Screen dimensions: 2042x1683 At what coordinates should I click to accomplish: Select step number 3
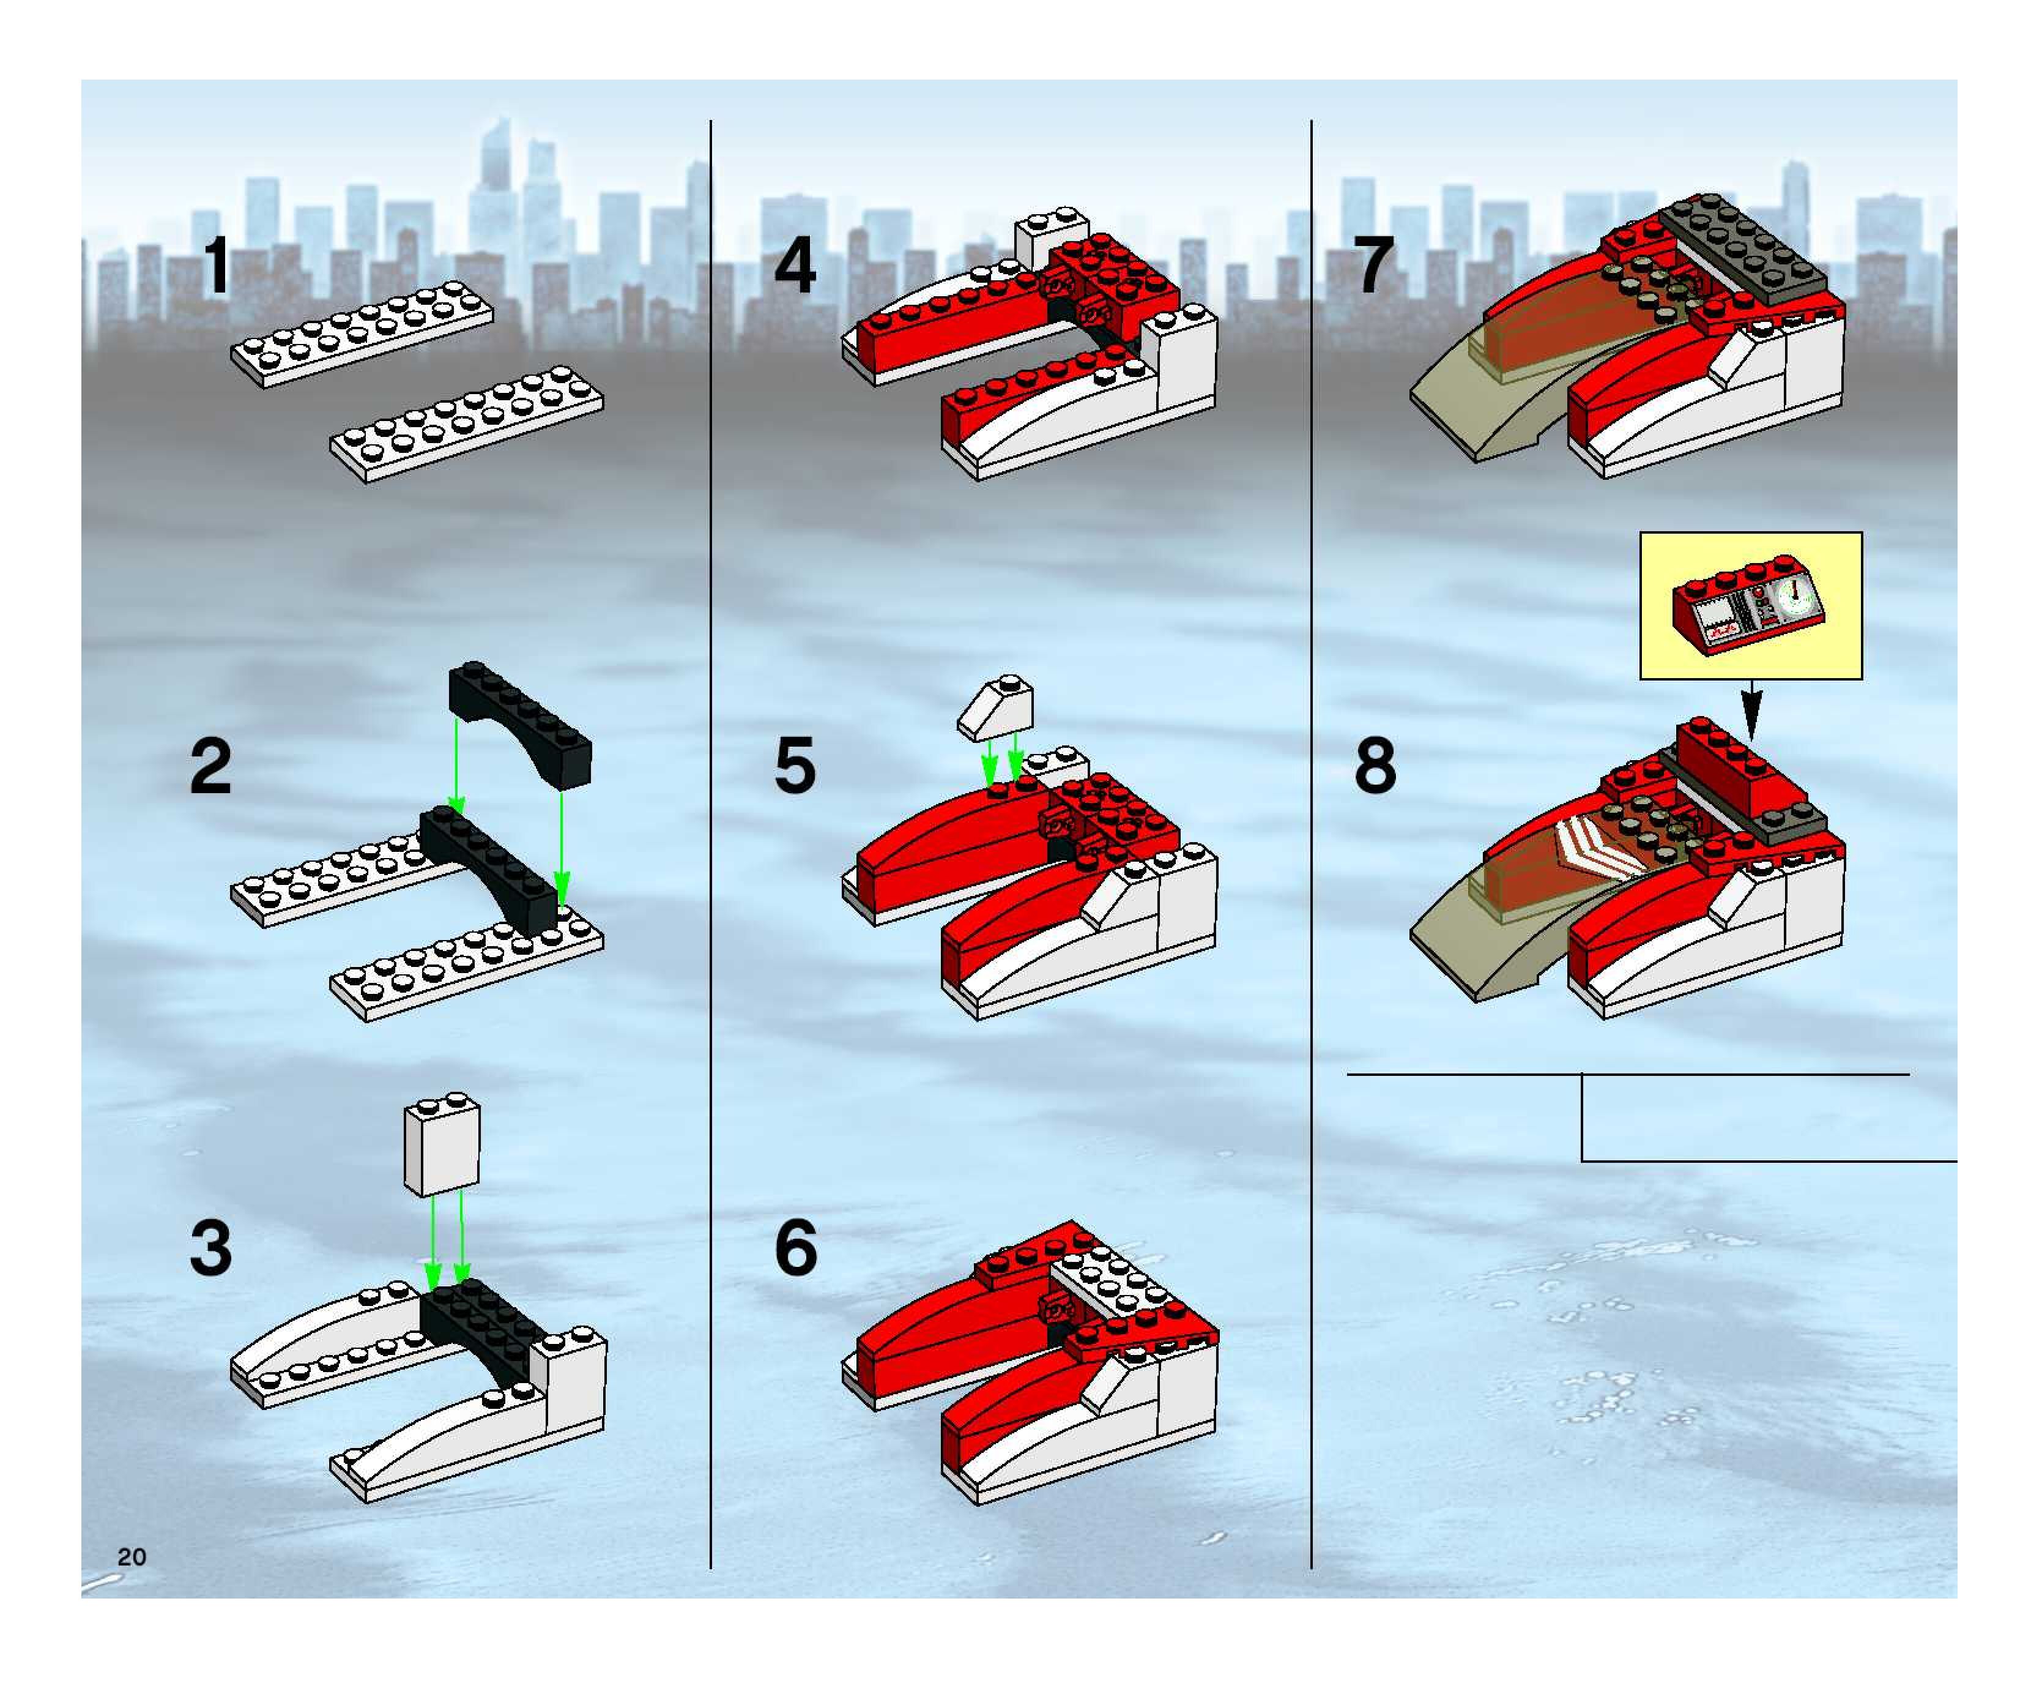point(211,1248)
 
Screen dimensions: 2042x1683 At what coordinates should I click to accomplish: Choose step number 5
point(795,766)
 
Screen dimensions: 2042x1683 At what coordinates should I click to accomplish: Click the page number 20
point(132,1557)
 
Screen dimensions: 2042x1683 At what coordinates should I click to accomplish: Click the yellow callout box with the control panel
point(1750,605)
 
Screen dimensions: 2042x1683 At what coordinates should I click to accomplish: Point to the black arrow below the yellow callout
point(1750,711)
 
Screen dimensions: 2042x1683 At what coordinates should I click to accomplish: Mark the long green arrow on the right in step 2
point(561,845)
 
